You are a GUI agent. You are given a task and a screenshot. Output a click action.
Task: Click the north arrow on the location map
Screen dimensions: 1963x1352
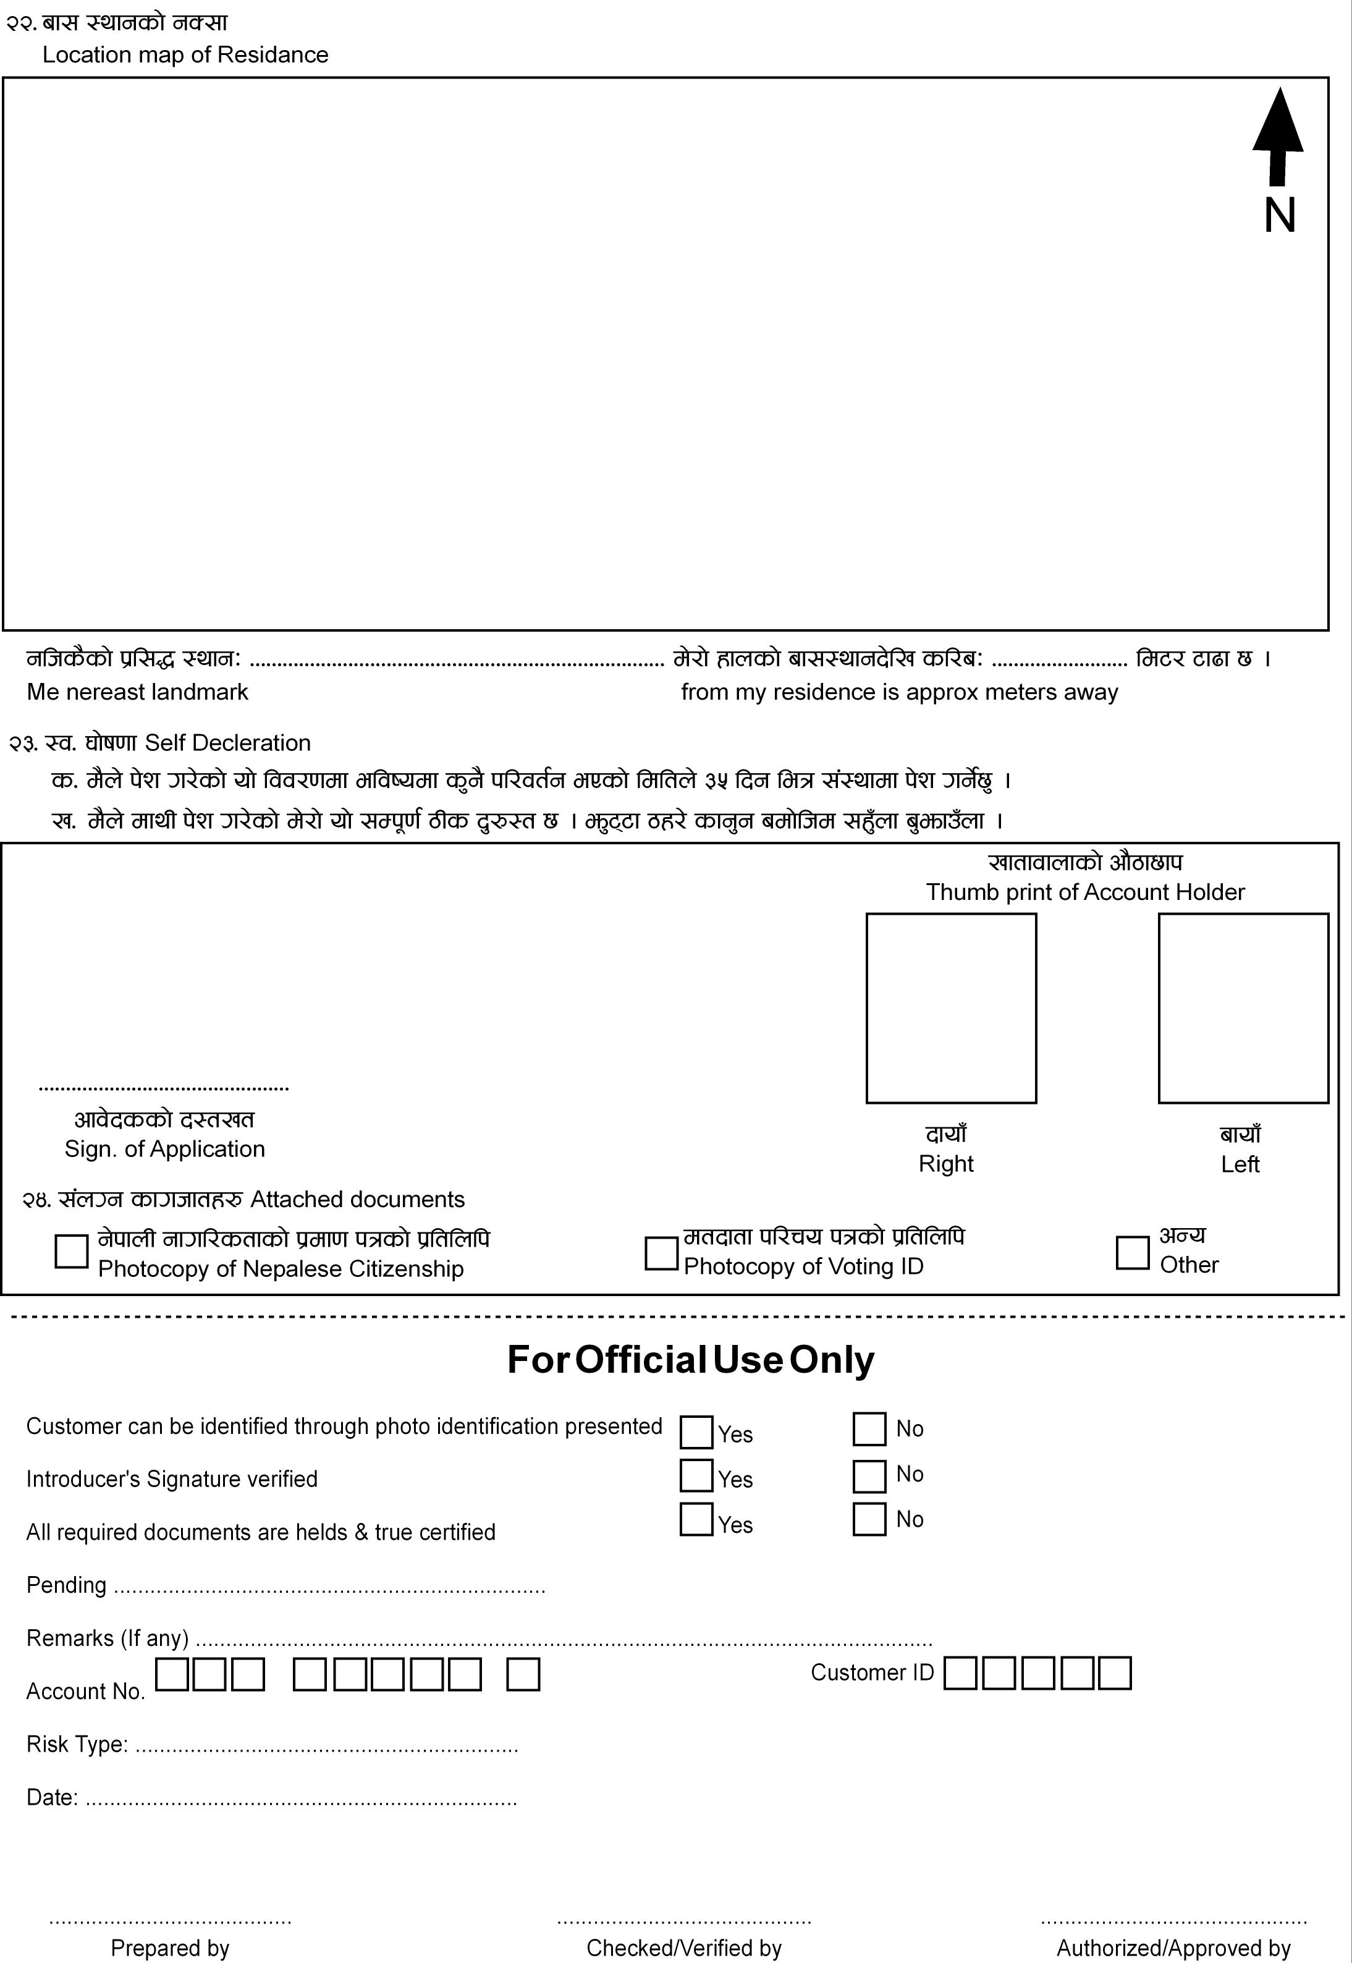tap(1277, 135)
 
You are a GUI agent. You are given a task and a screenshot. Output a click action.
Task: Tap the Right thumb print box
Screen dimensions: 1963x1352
tap(950, 1007)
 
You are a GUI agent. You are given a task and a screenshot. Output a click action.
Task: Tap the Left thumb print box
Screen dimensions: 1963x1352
tap(1243, 1007)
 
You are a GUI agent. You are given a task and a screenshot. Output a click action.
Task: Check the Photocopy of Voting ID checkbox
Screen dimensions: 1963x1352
tap(661, 1253)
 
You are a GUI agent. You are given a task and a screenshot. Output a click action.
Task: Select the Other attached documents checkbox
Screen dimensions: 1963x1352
tap(1132, 1252)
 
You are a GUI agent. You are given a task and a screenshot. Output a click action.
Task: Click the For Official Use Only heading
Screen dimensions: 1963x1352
tap(690, 1360)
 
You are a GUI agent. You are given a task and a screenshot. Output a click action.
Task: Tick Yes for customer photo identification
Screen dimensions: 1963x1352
tap(696, 1432)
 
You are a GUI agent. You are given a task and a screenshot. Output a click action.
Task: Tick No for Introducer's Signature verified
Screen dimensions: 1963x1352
tap(869, 1477)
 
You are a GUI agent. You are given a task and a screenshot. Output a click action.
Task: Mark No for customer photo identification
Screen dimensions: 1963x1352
tap(869, 1428)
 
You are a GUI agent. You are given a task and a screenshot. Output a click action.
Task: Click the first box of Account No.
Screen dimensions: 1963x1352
tap(172, 1675)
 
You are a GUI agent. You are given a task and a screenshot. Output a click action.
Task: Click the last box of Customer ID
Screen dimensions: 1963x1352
tap(1114, 1673)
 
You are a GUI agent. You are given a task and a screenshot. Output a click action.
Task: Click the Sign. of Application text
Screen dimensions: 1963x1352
tap(164, 1149)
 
